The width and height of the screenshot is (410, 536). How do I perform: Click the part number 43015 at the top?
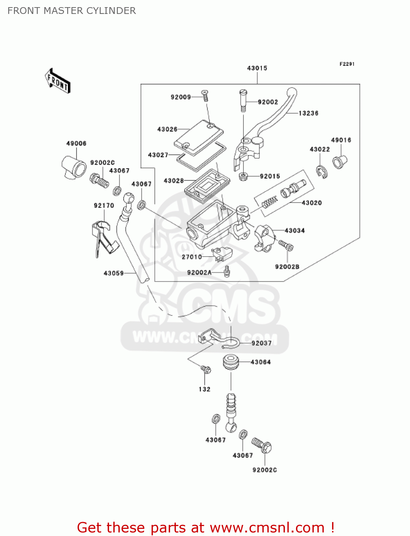pos(257,68)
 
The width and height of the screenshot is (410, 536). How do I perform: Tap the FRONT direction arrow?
pos(58,81)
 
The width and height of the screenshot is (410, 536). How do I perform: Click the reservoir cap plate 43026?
pos(198,137)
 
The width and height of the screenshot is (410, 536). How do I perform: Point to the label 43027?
pos(158,155)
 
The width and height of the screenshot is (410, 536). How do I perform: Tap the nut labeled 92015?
pos(243,176)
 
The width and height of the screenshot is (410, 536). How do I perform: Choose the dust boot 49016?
pos(340,162)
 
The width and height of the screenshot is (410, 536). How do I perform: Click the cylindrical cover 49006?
pos(74,167)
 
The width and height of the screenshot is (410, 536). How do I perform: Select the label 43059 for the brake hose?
pos(113,273)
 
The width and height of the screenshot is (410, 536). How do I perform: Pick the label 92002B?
pos(287,267)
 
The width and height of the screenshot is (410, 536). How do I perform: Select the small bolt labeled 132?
pos(206,369)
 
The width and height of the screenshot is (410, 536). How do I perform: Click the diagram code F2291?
pos(347,64)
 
